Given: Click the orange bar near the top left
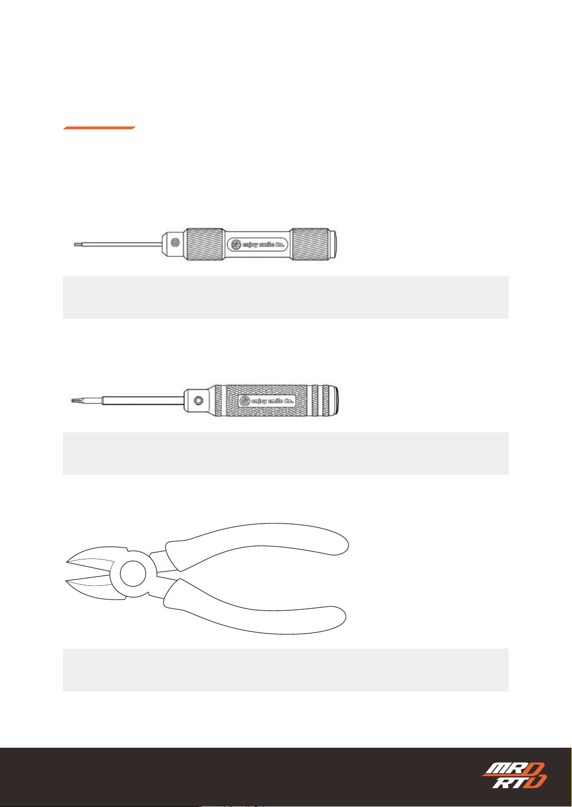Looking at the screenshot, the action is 99,128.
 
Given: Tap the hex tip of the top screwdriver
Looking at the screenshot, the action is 77,245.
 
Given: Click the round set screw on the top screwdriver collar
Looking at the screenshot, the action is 176,243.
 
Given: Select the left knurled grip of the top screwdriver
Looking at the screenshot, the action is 204,244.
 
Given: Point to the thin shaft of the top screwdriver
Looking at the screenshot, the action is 121,245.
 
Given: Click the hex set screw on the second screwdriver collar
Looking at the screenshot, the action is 198,400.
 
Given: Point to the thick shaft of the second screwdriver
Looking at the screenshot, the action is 143,400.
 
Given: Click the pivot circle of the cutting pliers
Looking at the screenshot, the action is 133,574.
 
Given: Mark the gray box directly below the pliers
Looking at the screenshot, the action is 286,670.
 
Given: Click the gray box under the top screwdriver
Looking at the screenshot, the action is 286,297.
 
